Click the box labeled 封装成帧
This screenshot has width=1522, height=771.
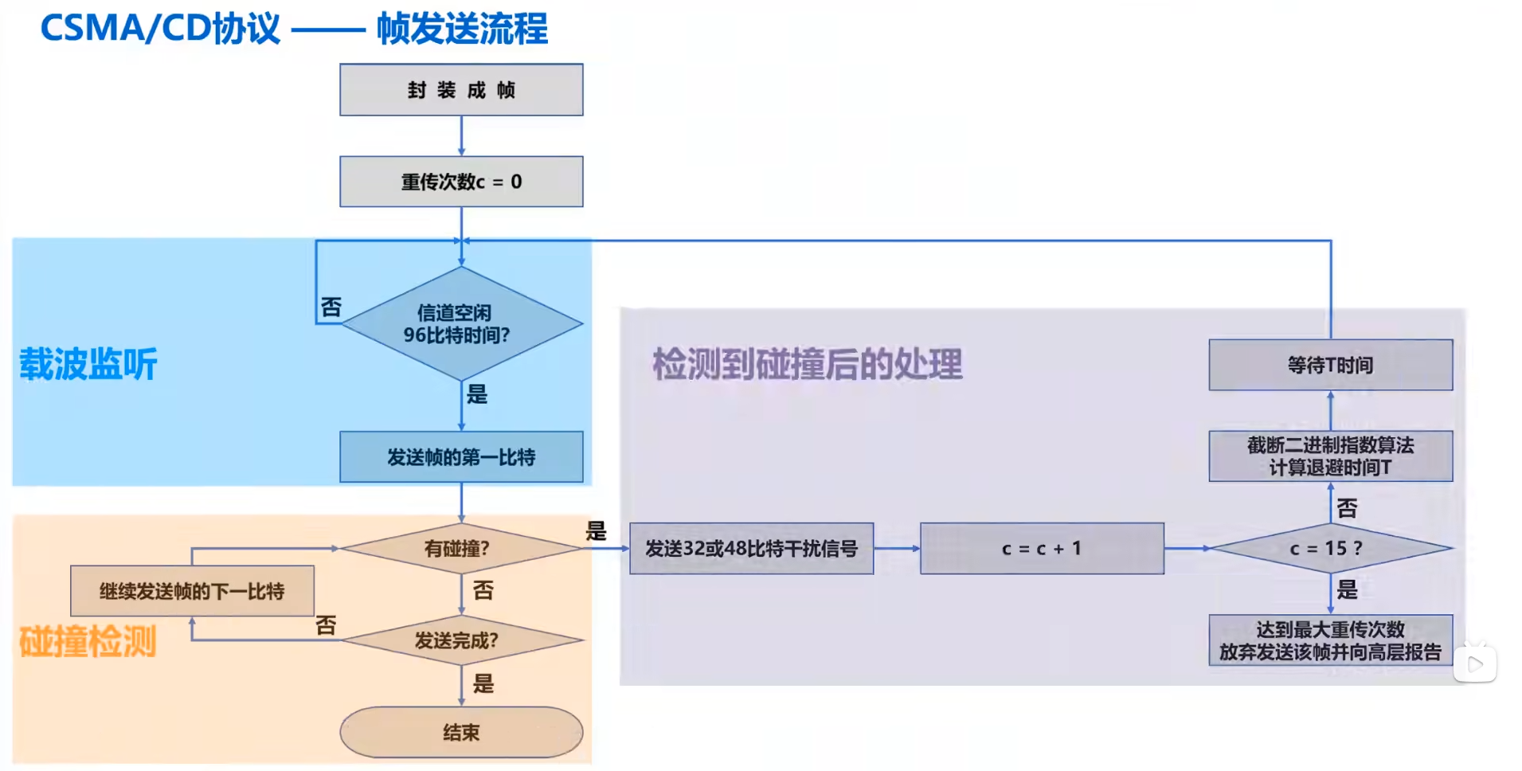461,90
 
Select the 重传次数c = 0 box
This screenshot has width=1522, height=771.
461,182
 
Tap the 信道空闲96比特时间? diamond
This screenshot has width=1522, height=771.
461,323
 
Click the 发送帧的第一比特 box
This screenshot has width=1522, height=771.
461,457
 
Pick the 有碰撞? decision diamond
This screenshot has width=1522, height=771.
461,548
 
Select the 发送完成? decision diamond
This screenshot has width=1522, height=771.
461,640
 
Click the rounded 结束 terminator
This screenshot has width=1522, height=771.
461,732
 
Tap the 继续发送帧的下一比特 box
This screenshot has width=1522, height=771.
192,591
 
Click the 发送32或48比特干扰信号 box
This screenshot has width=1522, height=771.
751,548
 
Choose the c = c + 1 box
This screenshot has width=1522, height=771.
1042,548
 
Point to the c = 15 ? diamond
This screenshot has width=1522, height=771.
1330,548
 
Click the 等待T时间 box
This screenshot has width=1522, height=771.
1330,365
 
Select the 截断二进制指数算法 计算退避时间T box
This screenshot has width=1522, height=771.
1330,456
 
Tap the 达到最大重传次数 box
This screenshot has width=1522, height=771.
1330,640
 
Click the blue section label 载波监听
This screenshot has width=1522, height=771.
88,364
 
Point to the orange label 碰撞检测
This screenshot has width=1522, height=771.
88,641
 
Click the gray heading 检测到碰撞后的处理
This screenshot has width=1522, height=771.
807,364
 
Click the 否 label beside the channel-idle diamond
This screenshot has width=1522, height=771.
331,307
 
